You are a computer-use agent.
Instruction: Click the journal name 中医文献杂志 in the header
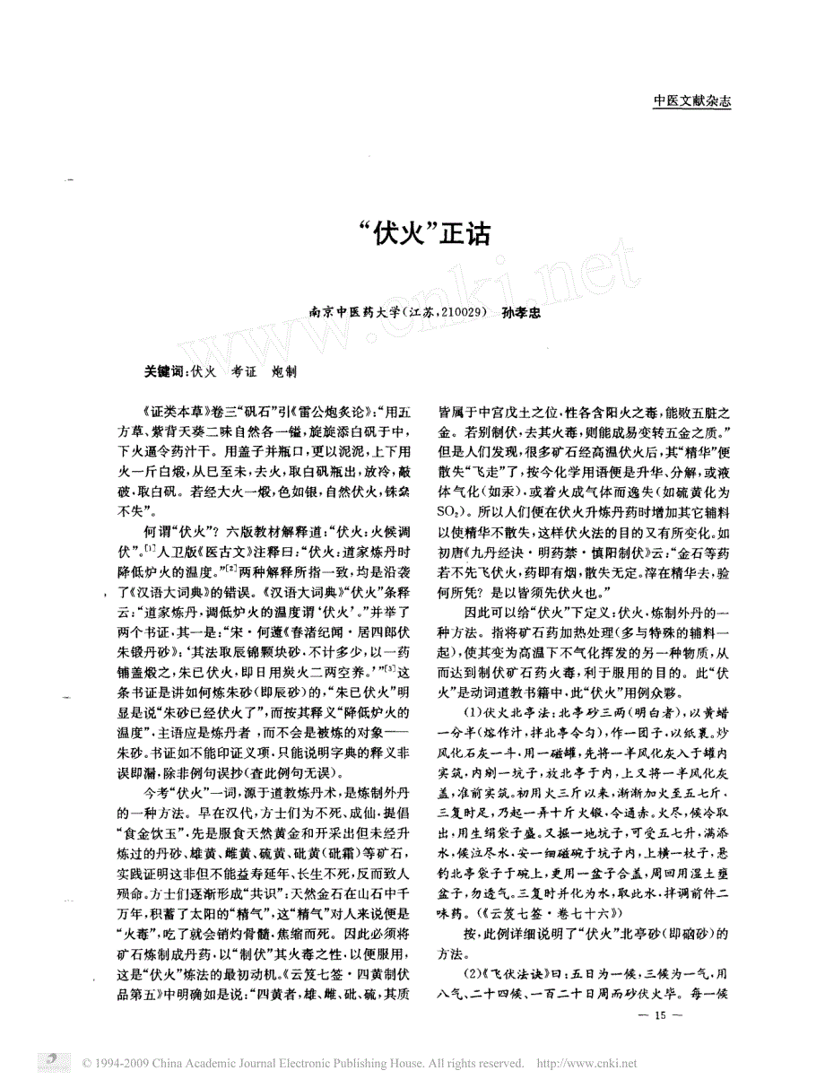[691, 102]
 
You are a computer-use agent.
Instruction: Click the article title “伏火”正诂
[412, 234]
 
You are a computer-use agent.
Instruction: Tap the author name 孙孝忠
[523, 315]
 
